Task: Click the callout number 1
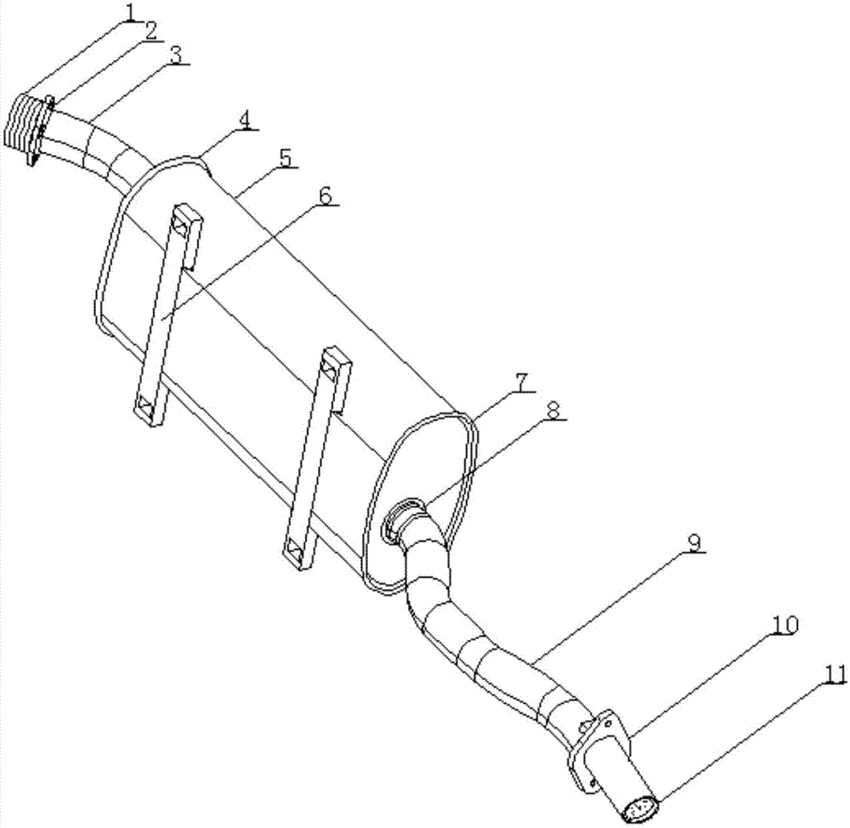tap(131, 9)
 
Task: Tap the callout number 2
tap(150, 31)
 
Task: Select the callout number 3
tap(177, 54)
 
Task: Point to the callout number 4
tap(246, 121)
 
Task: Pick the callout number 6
tap(325, 196)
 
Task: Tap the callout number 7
tap(520, 382)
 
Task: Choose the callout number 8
tap(553, 411)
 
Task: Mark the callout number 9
tap(694, 542)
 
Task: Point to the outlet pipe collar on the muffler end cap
tap(405, 519)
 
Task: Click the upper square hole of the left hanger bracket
tap(180, 224)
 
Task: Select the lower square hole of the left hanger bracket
tap(145, 405)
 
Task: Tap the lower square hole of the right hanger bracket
tap(295, 550)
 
